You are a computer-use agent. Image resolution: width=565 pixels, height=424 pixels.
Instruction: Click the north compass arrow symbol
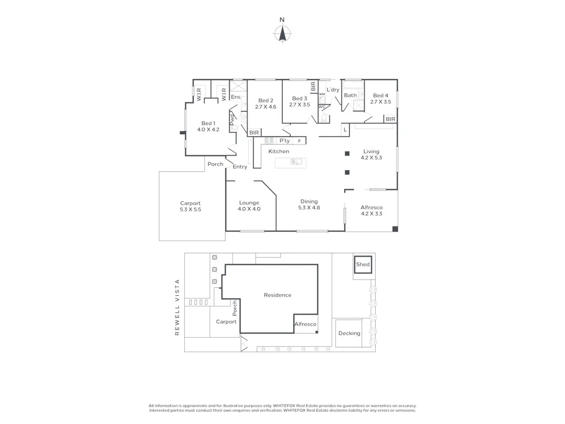[282, 33]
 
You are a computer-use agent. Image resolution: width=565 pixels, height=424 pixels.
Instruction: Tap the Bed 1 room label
[208, 123]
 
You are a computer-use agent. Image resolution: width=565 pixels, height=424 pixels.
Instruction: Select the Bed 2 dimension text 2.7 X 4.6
[266, 107]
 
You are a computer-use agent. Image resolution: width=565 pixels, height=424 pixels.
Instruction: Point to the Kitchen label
[279, 151]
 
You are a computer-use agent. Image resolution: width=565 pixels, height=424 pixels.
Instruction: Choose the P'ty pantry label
[284, 141]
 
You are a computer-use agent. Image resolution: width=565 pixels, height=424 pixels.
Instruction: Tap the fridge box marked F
[299, 141]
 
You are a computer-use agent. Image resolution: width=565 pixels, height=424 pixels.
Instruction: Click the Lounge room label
[249, 203]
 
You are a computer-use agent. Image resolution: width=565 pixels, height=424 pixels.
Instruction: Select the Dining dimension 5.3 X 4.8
[309, 208]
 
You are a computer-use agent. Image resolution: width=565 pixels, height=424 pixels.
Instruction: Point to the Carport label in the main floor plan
[190, 204]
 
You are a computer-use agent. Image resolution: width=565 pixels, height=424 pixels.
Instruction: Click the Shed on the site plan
[363, 264]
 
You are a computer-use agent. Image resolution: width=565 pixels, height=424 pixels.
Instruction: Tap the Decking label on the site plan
[349, 333]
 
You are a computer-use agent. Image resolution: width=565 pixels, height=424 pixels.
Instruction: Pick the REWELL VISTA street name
[177, 307]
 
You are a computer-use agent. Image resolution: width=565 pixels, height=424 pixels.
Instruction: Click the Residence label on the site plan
[278, 295]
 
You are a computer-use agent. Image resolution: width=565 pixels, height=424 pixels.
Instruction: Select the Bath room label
[350, 95]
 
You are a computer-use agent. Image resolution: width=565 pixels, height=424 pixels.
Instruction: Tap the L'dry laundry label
[333, 89]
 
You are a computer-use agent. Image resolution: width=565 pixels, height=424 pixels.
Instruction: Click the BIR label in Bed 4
[390, 119]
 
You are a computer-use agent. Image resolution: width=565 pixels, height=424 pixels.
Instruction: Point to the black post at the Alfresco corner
[395, 229]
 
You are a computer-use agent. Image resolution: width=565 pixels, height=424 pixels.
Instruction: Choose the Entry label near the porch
[240, 167]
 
